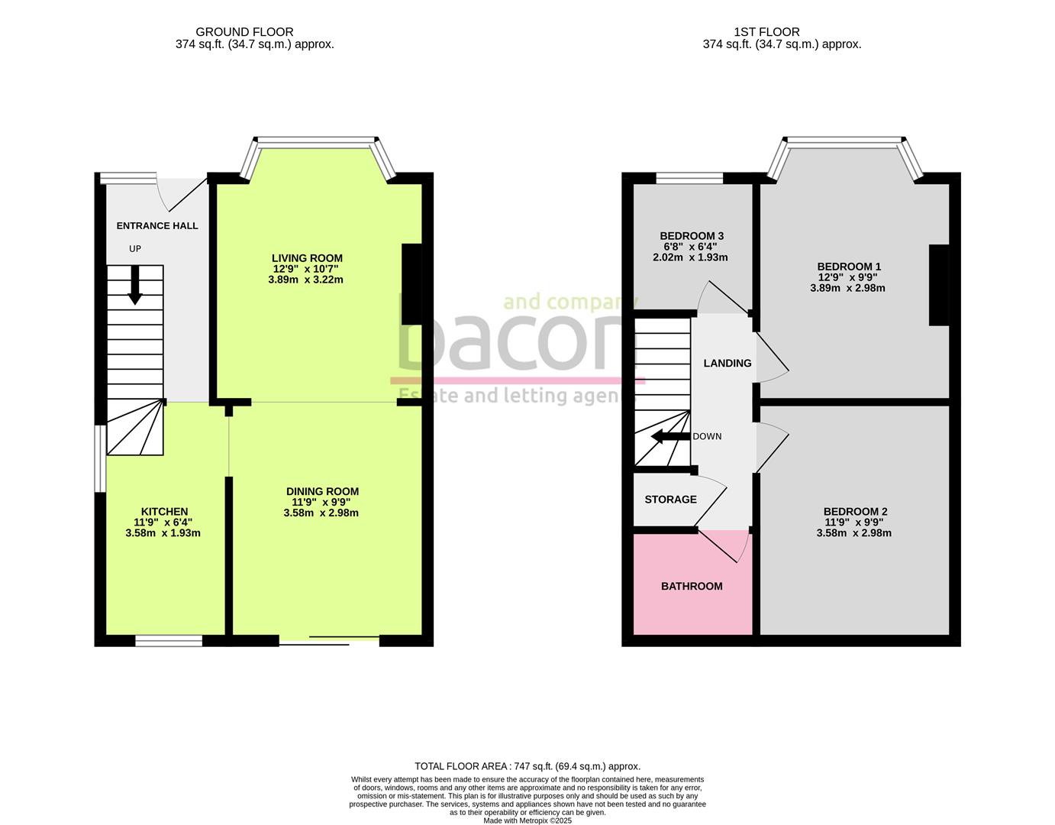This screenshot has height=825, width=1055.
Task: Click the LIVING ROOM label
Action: [308, 258]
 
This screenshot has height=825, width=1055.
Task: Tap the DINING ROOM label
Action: [322, 491]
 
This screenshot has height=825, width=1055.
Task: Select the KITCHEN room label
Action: [164, 511]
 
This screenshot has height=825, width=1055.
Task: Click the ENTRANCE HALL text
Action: [157, 225]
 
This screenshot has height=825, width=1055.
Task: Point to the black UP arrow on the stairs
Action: [134, 285]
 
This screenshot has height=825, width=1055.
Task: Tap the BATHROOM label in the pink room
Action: [692, 586]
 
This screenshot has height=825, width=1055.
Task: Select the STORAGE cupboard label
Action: [670, 500]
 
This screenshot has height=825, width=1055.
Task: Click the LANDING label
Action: [728, 363]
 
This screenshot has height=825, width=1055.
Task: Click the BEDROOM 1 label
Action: [849, 267]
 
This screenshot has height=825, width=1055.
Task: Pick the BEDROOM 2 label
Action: [855, 511]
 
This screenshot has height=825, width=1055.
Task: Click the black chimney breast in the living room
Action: [411, 283]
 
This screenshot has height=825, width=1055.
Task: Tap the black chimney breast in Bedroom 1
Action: [938, 285]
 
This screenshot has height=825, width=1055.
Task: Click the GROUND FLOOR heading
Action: [244, 32]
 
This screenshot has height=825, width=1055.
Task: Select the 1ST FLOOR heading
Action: [766, 32]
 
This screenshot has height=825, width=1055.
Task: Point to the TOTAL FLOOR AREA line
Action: [527, 765]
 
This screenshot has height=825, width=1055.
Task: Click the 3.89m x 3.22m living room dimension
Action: [305, 280]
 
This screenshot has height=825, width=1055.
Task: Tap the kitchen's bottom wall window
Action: [169, 641]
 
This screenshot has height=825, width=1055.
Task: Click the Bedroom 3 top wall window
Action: [689, 178]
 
